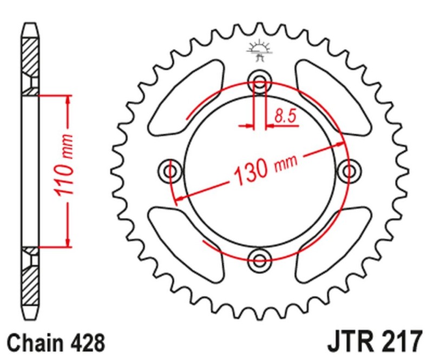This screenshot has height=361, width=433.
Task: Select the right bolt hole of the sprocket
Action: pyautogui.click(x=346, y=171)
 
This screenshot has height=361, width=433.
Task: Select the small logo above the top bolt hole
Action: pyautogui.click(x=259, y=50)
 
